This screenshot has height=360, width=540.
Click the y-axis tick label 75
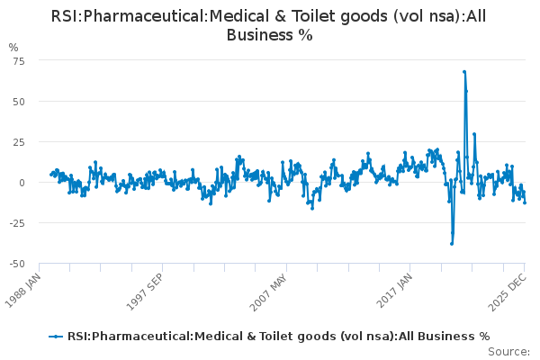[x=17, y=60]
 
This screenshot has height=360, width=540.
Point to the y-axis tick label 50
[x=17, y=101]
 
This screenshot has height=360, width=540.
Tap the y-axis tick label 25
[x=17, y=141]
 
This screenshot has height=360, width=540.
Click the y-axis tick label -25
[x=15, y=223]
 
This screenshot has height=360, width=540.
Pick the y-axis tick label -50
[x=15, y=264]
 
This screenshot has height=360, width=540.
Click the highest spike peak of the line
[x=463, y=71]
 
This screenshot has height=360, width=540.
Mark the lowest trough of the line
[x=452, y=243]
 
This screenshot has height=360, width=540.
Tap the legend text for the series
[x=278, y=337]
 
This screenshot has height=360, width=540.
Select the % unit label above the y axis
[x=13, y=47]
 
